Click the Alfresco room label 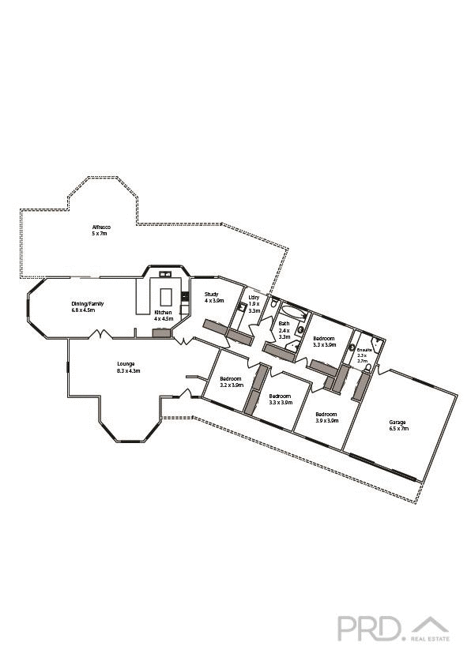pos(101,227)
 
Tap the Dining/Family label pos(88,303)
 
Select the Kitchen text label pos(163,314)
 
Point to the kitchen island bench pos(168,296)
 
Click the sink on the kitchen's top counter pos(167,275)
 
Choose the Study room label pos(211,294)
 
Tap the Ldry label pos(254,298)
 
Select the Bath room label pos(284,323)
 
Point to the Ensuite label pos(364,348)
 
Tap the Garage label pos(397,422)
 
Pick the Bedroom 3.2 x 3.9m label pos(231,378)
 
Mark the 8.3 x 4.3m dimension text pos(128,370)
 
